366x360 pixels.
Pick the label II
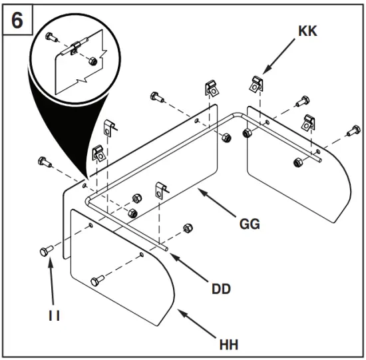tap(53, 315)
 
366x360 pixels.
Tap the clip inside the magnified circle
tap(76, 48)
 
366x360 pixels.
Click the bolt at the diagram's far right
tap(352, 132)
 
